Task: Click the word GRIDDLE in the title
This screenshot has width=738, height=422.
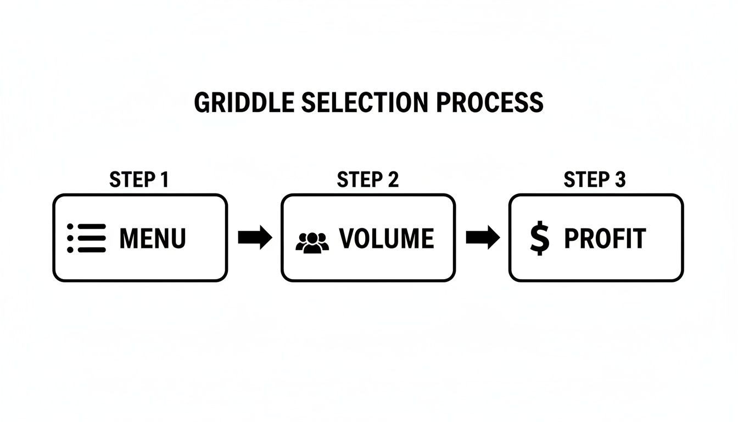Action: click(x=237, y=103)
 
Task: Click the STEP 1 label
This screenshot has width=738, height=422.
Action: click(x=139, y=180)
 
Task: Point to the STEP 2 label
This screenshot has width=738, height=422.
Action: click(x=367, y=180)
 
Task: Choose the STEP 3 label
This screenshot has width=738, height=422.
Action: click(x=595, y=180)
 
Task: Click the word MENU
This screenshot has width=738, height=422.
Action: click(x=153, y=238)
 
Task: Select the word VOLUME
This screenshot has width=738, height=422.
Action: click(x=387, y=238)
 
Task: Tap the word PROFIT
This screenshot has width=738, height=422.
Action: click(x=605, y=238)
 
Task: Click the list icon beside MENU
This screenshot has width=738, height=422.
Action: click(x=86, y=238)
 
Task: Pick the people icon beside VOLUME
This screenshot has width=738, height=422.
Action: click(x=312, y=242)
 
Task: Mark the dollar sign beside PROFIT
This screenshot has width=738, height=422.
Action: click(x=539, y=238)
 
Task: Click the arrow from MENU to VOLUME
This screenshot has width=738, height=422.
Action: click(x=255, y=238)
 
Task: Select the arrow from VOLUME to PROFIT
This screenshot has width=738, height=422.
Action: click(x=483, y=238)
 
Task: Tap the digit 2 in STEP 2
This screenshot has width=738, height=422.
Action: click(x=392, y=180)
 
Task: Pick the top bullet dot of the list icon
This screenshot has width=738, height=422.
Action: click(x=70, y=226)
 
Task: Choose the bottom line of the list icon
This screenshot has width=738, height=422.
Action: click(x=91, y=249)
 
